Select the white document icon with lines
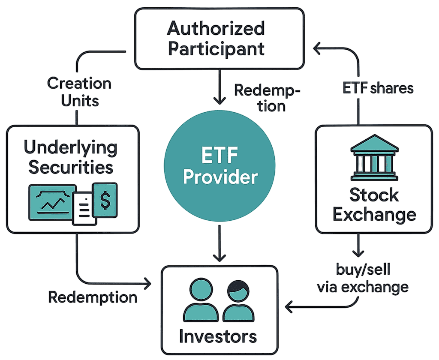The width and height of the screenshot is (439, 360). (x=84, y=208)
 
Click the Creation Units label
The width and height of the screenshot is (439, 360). (x=79, y=91)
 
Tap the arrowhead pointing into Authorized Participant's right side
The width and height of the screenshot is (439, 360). (x=318, y=50)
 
